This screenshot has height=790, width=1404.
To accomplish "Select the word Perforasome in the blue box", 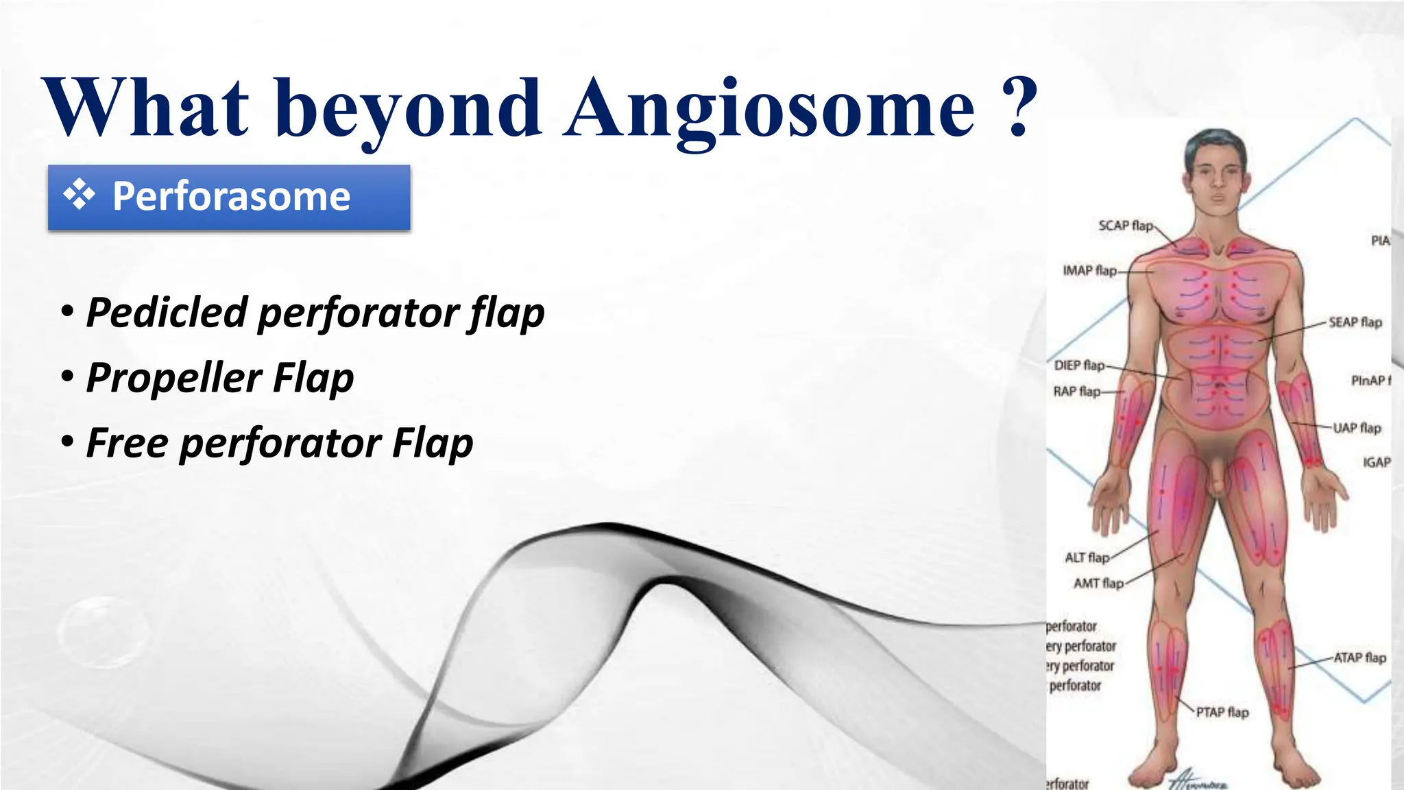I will (231, 196).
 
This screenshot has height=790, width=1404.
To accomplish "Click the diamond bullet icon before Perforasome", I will (80, 194).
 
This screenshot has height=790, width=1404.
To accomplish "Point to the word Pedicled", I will (167, 313).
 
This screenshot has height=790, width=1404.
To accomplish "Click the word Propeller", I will (173, 378).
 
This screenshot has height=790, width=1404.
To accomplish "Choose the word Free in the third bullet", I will (127, 443).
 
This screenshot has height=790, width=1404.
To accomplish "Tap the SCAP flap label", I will (1125, 226).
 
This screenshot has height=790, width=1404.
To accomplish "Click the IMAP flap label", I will (1089, 271).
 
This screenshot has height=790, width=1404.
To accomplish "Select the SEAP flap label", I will (1355, 322).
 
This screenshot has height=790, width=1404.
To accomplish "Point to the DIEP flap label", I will (1079, 366).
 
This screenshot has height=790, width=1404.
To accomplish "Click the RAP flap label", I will (1076, 392).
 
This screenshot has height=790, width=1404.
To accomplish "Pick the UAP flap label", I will (1357, 428).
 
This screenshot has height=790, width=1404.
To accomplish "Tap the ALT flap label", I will (1087, 558).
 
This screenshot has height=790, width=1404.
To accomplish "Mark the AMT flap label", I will (1098, 584).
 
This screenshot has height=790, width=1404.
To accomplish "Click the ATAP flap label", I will (1359, 658).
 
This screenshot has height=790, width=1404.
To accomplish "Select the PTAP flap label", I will (1222, 713).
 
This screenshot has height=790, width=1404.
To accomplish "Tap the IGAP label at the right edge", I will (1376, 463).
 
